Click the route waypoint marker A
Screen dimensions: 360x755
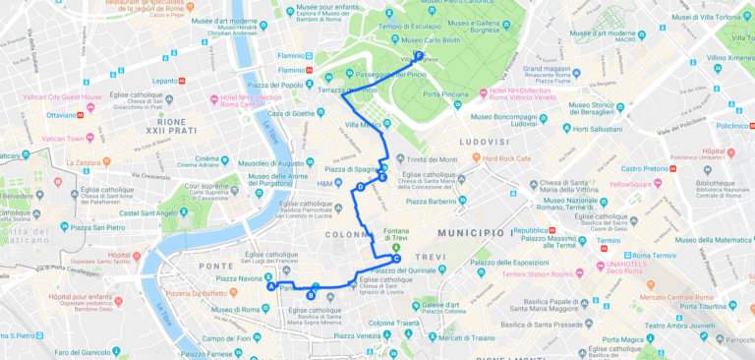point(271,287)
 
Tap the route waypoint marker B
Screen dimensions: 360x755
point(311,294)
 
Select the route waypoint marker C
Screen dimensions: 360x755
point(396,260)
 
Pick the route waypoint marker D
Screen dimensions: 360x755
point(361,186)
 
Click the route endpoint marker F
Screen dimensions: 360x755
point(419,55)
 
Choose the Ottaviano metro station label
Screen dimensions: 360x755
point(61,114)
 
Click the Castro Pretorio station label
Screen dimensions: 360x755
point(644,168)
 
